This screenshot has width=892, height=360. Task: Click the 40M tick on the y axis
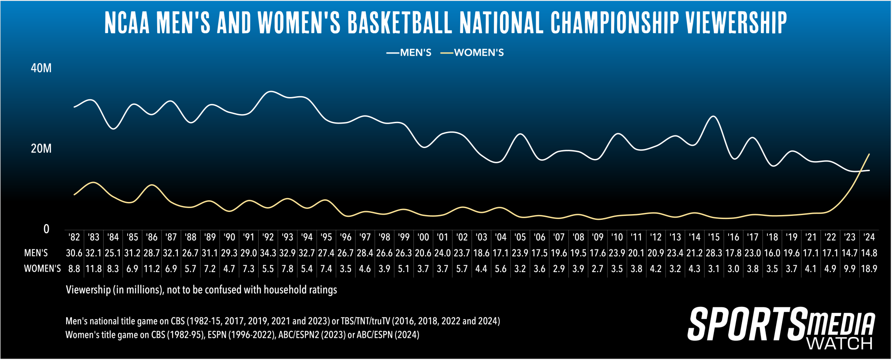click(41, 68)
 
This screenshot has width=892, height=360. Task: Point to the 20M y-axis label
click(41, 149)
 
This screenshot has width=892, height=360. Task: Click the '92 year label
click(268, 237)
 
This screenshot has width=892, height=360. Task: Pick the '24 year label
click(869, 237)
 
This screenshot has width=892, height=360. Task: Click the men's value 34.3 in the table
click(268, 253)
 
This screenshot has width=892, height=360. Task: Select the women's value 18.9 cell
click(869, 269)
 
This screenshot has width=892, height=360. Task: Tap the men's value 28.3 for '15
click(713, 253)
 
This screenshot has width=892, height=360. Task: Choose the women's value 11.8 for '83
click(94, 269)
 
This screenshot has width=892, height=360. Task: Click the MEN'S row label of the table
click(36, 253)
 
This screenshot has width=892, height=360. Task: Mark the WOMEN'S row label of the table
click(42, 269)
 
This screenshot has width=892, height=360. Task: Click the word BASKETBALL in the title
click(399, 23)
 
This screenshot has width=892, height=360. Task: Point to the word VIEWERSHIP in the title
click(736, 23)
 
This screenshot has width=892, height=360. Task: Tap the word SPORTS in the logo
click(747, 324)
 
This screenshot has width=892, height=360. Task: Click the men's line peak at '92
click(270, 91)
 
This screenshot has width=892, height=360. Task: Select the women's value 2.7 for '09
click(598, 269)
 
